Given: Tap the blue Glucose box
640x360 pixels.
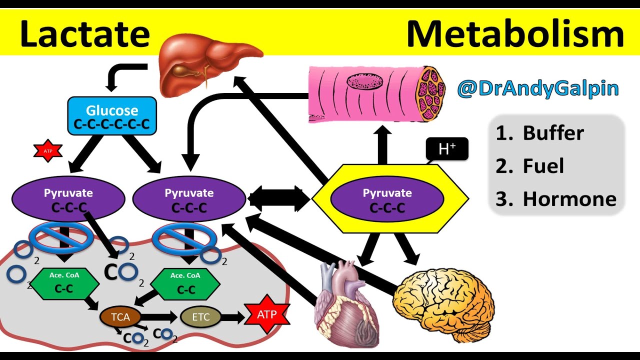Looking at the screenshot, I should pos(112,116).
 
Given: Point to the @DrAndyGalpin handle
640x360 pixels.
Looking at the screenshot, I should pos(537,88).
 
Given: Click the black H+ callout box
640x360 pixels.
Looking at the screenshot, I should pos(446,149).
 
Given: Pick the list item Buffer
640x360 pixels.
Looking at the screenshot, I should pos(552,133).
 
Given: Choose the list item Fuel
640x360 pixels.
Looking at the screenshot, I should pos(542,166).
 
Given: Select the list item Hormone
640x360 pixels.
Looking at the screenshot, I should pos(569,199).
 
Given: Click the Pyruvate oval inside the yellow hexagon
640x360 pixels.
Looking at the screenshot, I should pos(387,199).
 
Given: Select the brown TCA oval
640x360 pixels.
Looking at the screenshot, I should pos(120,316).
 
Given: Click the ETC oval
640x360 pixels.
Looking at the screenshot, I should pos(200,316).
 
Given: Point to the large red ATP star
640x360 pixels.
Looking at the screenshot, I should pos(266,315).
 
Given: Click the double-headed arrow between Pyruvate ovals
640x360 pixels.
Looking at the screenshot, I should pos(278,198).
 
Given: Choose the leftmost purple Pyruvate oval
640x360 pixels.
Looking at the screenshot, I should pos(68,199).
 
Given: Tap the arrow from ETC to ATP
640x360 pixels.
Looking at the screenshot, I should pos(232,316).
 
